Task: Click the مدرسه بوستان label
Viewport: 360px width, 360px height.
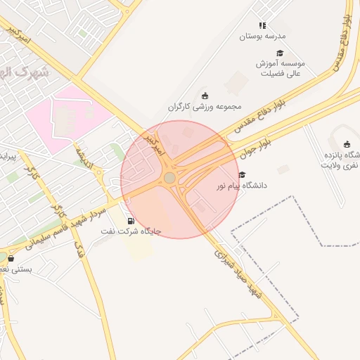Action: [262, 35]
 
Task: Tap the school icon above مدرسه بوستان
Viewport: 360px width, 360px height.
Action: [262, 25]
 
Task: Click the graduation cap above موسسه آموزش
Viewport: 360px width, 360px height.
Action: [280, 53]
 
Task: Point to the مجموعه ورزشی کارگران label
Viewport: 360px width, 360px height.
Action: [204, 106]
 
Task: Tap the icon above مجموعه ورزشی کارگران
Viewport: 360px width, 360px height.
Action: [205, 96]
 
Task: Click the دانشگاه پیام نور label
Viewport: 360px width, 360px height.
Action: [241, 186]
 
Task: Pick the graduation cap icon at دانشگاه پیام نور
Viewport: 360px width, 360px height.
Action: [242, 175]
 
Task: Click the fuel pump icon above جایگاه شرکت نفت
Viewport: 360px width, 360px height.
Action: [131, 221]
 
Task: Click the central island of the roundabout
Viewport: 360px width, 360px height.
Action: [169, 178]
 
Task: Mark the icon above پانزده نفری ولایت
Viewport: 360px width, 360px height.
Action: [347, 144]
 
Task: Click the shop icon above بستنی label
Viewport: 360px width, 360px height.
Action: [11, 258]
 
